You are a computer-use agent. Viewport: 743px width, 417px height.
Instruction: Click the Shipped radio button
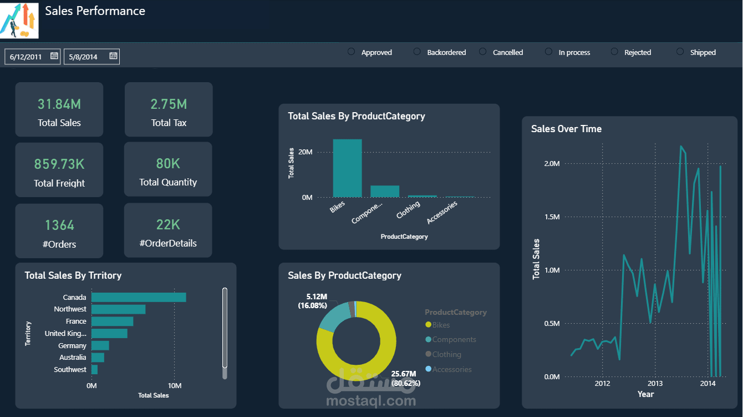(680, 52)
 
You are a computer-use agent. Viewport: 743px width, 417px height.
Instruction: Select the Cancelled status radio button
(483, 52)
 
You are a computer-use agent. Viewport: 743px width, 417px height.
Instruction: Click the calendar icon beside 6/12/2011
(54, 56)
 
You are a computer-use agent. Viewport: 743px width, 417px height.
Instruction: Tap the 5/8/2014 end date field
(84, 56)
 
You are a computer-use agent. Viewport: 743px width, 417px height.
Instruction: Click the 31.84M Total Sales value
(59, 104)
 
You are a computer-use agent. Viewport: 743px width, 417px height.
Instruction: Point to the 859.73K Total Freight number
(59, 164)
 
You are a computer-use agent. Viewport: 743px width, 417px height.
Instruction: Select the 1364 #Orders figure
(59, 225)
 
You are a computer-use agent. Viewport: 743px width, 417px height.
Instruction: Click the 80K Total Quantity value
(168, 163)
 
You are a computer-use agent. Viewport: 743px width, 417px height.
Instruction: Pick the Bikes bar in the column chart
(347, 168)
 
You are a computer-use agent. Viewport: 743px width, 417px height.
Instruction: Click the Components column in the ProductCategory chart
(385, 192)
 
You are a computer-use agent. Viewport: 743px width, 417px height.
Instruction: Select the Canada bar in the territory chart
(139, 297)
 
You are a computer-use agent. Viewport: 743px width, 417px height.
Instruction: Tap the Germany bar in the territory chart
(100, 345)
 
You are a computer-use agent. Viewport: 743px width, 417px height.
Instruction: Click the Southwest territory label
(70, 369)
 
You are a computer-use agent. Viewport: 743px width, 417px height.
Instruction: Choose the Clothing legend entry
(446, 354)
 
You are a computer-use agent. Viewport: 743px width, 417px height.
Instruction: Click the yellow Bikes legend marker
(428, 325)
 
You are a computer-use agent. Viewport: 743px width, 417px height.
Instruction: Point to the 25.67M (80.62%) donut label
(406, 378)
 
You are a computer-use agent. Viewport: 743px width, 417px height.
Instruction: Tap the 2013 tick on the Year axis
(655, 383)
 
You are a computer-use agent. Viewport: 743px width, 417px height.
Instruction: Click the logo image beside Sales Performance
(20, 20)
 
